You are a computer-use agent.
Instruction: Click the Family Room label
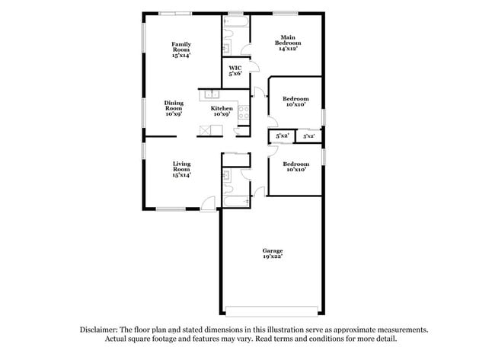[x=180, y=49]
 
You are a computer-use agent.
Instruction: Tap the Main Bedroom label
[x=287, y=43]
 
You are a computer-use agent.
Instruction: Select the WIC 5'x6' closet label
[x=235, y=71]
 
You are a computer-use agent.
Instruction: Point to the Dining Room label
[x=174, y=109]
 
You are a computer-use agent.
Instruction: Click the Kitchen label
[x=222, y=112]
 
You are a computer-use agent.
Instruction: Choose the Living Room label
[x=181, y=169]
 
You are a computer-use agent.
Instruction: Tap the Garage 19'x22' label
[x=273, y=254]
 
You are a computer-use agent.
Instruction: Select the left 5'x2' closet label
[x=282, y=136]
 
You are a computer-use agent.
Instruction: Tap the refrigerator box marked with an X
[x=206, y=130]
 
